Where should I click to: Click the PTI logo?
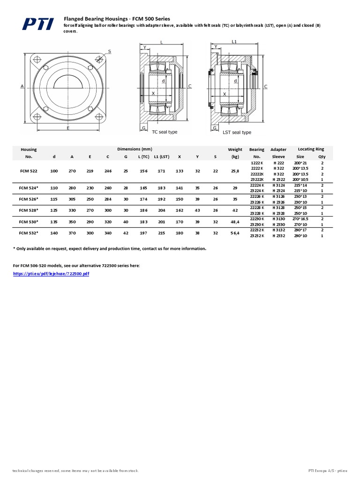coord(35,24)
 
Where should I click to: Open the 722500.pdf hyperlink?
coord(51,273)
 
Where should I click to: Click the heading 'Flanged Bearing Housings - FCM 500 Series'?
coord(117,18)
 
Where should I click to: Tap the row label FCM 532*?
coord(29,232)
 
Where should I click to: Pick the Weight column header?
coord(235,150)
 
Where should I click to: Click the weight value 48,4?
coord(235,221)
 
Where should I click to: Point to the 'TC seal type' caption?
coord(165,132)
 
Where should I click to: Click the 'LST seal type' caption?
coord(237,132)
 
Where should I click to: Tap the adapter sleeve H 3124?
coord(278,185)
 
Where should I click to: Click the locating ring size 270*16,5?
coord(300,218)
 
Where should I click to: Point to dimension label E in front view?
coord(68,127)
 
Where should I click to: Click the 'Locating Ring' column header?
coord(311,149)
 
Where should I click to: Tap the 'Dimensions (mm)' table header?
coord(134,149)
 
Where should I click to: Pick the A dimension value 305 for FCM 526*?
coord(72,199)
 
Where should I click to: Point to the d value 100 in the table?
coord(54,171)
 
